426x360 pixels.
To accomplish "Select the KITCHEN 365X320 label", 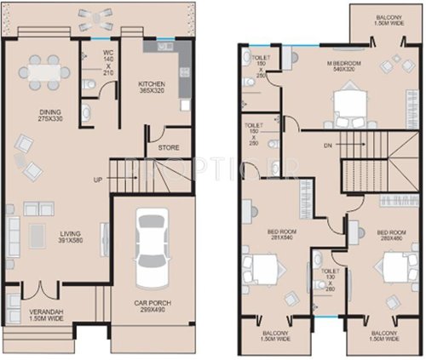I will [x=156, y=86].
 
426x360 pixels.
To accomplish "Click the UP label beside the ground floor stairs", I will [x=98, y=180].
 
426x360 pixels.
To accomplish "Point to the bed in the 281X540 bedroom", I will [x=263, y=272].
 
